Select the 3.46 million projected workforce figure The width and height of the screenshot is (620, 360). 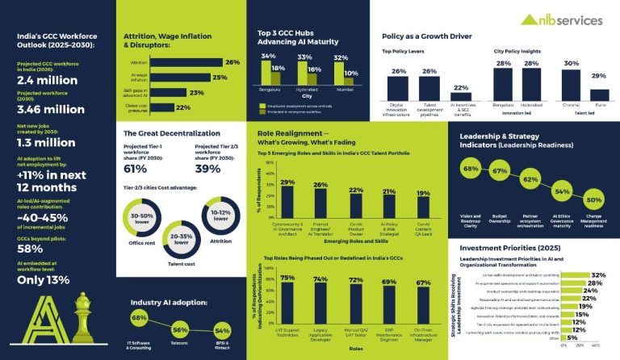coord(52,110)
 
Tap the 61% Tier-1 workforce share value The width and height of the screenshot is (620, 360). coord(135,168)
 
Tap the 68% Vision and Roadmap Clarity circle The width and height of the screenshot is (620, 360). coord(471,170)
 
